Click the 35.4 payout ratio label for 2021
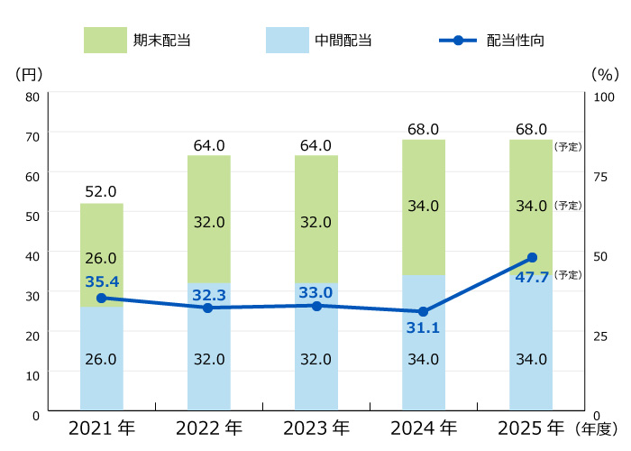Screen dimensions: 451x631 pyautogui.click(x=102, y=281)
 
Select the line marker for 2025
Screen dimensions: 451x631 pyautogui.click(x=532, y=258)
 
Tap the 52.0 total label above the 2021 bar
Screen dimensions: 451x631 pyautogui.click(x=101, y=191)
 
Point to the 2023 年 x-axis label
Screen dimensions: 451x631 pyautogui.click(x=316, y=428)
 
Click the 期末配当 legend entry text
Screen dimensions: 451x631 pyautogui.click(x=162, y=41)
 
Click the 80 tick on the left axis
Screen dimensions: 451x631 pyautogui.click(x=32, y=97)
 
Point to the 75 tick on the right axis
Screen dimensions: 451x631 pyautogui.click(x=602, y=176)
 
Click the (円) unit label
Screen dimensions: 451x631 pyautogui.click(x=29, y=73)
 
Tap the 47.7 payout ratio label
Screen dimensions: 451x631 pyautogui.click(x=532, y=277)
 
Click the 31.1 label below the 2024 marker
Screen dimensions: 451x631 pyautogui.click(x=424, y=327)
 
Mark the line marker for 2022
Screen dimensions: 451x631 pyautogui.click(x=208, y=308)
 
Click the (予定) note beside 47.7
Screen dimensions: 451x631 pyautogui.click(x=568, y=274)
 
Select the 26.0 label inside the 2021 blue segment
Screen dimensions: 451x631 pyautogui.click(x=101, y=359)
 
